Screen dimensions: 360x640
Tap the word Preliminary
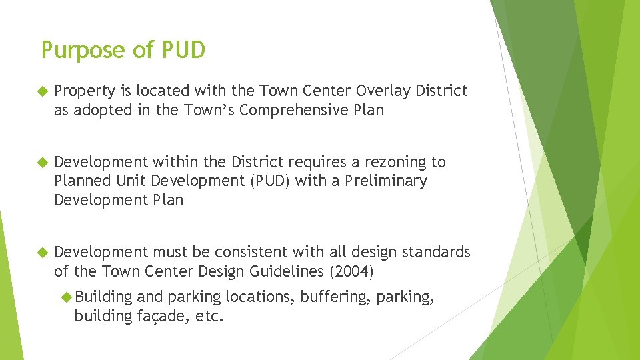pyautogui.click(x=386, y=181)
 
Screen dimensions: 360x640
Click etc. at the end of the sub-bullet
pyautogui.click(x=210, y=316)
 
